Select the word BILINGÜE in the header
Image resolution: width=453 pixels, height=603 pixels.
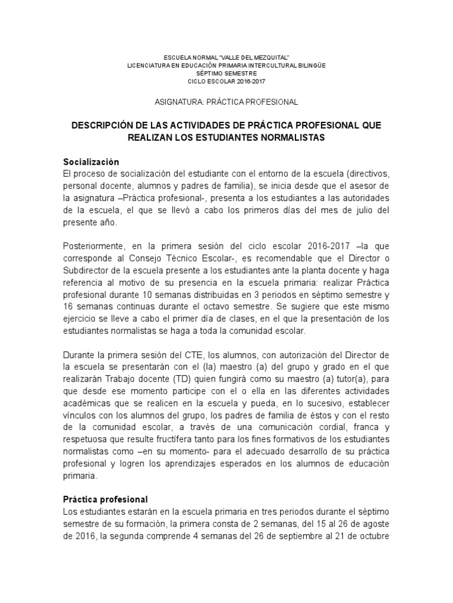(310, 65)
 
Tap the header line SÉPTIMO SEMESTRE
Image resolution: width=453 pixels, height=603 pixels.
(226, 73)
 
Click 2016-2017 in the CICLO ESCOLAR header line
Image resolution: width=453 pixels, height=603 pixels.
(250, 81)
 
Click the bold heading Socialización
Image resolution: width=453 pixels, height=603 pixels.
(91, 162)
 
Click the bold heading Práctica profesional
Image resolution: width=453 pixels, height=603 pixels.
(106, 498)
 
